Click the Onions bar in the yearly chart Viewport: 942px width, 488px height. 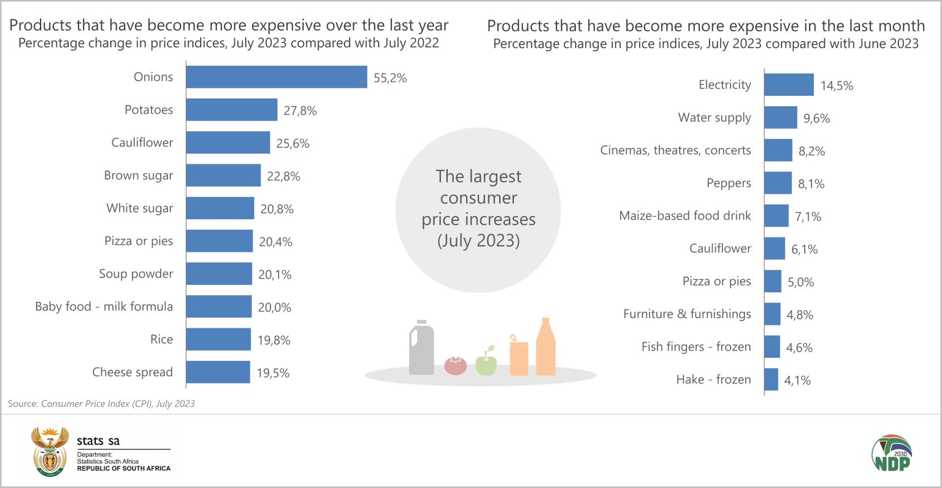276,77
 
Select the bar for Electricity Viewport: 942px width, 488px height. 789,85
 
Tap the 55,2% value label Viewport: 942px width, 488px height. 390,78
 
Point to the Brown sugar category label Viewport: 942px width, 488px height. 139,176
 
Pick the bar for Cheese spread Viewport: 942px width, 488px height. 218,372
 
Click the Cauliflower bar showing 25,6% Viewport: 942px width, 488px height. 228,142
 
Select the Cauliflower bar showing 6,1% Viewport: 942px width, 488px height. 775,249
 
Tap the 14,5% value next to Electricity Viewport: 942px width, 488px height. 837,86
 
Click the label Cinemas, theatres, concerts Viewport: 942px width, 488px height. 675,150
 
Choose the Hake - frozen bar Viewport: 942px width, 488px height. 771,379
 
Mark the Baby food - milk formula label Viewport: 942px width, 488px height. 104,306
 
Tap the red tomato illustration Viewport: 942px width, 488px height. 455,365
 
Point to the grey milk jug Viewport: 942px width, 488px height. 421,347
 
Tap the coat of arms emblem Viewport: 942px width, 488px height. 50,452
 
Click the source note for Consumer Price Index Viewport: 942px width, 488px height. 101,403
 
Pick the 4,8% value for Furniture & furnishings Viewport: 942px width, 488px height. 800,315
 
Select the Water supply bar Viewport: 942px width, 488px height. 780,117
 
